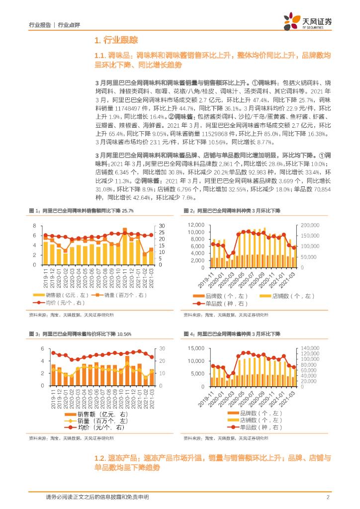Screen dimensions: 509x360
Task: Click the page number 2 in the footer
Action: click(328, 497)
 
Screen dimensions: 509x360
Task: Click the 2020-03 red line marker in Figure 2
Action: click(228, 257)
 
